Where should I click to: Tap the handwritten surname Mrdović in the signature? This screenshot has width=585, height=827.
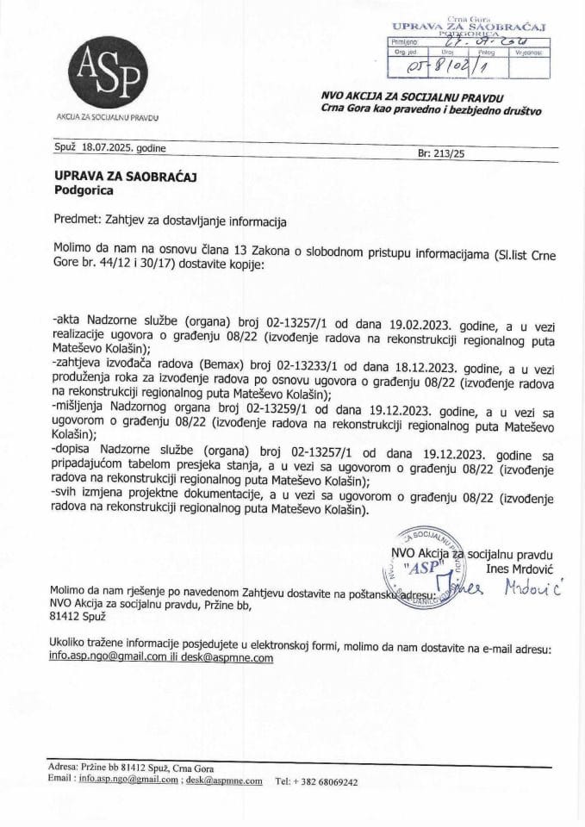[532, 588]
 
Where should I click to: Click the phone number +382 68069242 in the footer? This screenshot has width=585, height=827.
[317, 782]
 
